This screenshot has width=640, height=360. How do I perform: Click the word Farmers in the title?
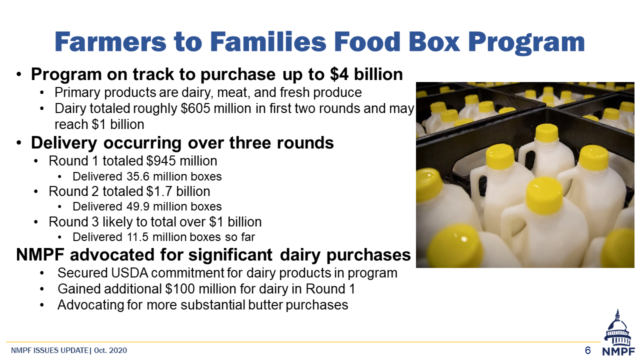[x=110, y=42]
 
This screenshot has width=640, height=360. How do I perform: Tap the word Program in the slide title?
[x=526, y=43]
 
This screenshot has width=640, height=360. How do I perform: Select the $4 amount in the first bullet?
[x=339, y=74]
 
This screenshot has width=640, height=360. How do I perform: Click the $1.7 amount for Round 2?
[x=159, y=191]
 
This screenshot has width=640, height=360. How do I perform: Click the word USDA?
[x=129, y=273]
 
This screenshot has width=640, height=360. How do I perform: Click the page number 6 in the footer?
[x=587, y=350]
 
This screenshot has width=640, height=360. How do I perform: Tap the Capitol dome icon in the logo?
[x=617, y=328]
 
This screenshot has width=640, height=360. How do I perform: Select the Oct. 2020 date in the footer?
[x=110, y=350]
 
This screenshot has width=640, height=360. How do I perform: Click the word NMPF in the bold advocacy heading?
[x=40, y=254]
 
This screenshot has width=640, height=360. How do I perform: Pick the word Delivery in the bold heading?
[x=63, y=143]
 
